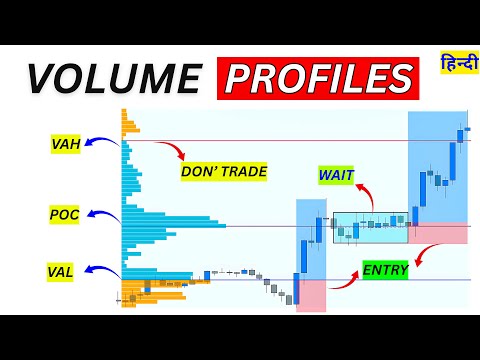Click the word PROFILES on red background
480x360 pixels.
(x=317, y=78)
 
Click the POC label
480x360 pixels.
(x=64, y=214)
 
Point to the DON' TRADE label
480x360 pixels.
(x=224, y=172)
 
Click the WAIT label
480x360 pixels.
(x=335, y=175)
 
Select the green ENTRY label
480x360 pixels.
(x=385, y=270)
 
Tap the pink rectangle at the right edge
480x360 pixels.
(x=438, y=233)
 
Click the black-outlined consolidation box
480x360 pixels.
(x=371, y=227)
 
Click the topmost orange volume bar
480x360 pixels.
(x=125, y=112)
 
